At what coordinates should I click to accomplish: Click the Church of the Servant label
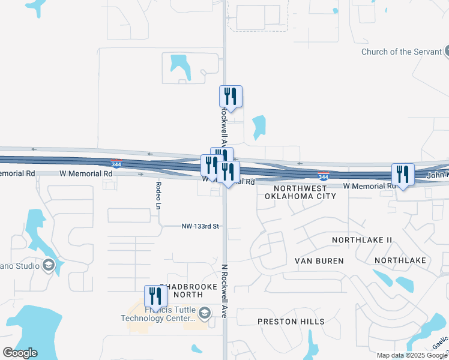[401, 52]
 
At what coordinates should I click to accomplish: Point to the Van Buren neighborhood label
[319, 261]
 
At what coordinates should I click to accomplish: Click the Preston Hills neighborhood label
[291, 322]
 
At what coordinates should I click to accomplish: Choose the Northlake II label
[362, 240]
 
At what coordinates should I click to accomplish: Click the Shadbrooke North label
[187, 290]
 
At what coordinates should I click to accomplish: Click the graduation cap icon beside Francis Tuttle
[205, 313]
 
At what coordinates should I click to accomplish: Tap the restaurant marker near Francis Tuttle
[155, 296]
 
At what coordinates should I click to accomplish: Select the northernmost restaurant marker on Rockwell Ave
[231, 96]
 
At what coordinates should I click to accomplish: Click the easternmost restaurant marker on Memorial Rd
[403, 175]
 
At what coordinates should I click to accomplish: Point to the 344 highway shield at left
[116, 163]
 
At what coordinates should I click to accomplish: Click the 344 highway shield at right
[323, 176]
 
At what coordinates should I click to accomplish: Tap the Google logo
[20, 352]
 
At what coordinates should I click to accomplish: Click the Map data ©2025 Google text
[412, 355]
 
